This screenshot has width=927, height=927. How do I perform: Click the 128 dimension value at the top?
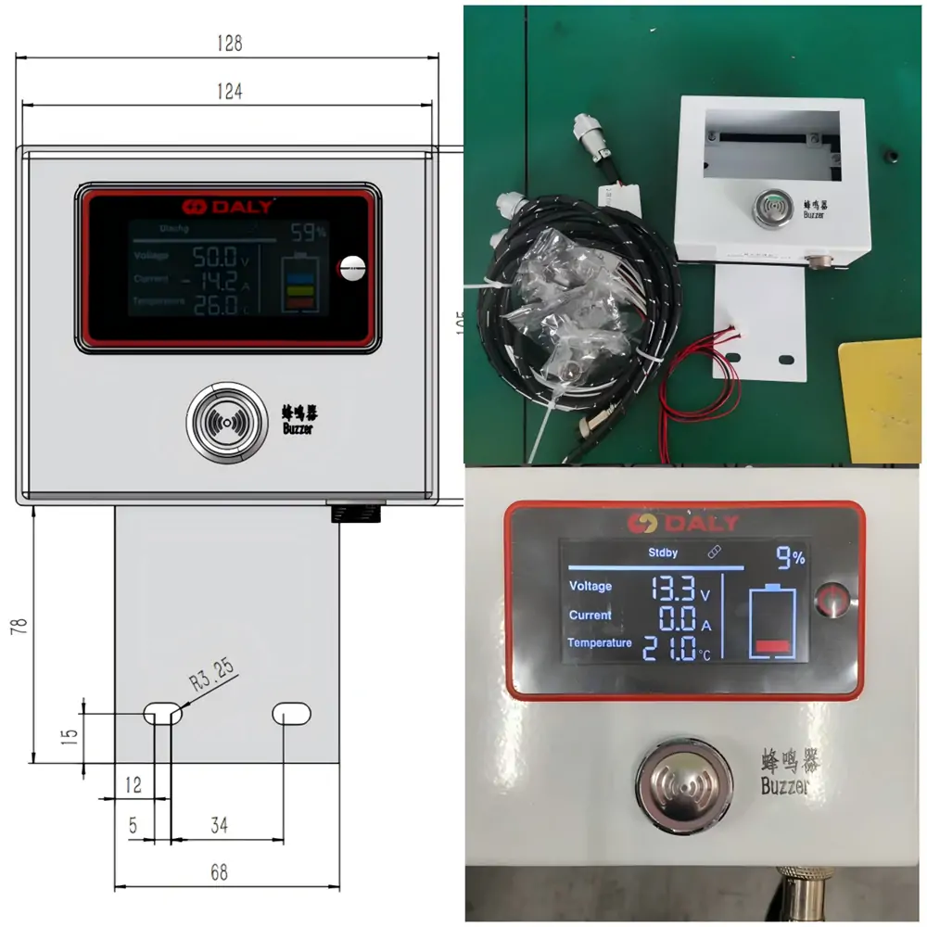[x=228, y=43]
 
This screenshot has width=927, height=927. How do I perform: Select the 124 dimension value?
[x=228, y=91]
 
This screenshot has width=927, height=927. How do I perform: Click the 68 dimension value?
[x=219, y=872]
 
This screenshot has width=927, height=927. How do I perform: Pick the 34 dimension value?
[x=219, y=825]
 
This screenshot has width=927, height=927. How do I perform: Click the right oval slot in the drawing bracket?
[x=291, y=713]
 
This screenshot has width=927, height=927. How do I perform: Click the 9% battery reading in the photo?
[x=790, y=557]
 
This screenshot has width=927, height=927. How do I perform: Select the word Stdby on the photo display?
[x=662, y=552]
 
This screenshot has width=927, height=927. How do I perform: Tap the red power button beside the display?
[x=832, y=598]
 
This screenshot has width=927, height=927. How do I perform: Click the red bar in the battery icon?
[x=771, y=646]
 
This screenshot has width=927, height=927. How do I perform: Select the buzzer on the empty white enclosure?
[x=768, y=206]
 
